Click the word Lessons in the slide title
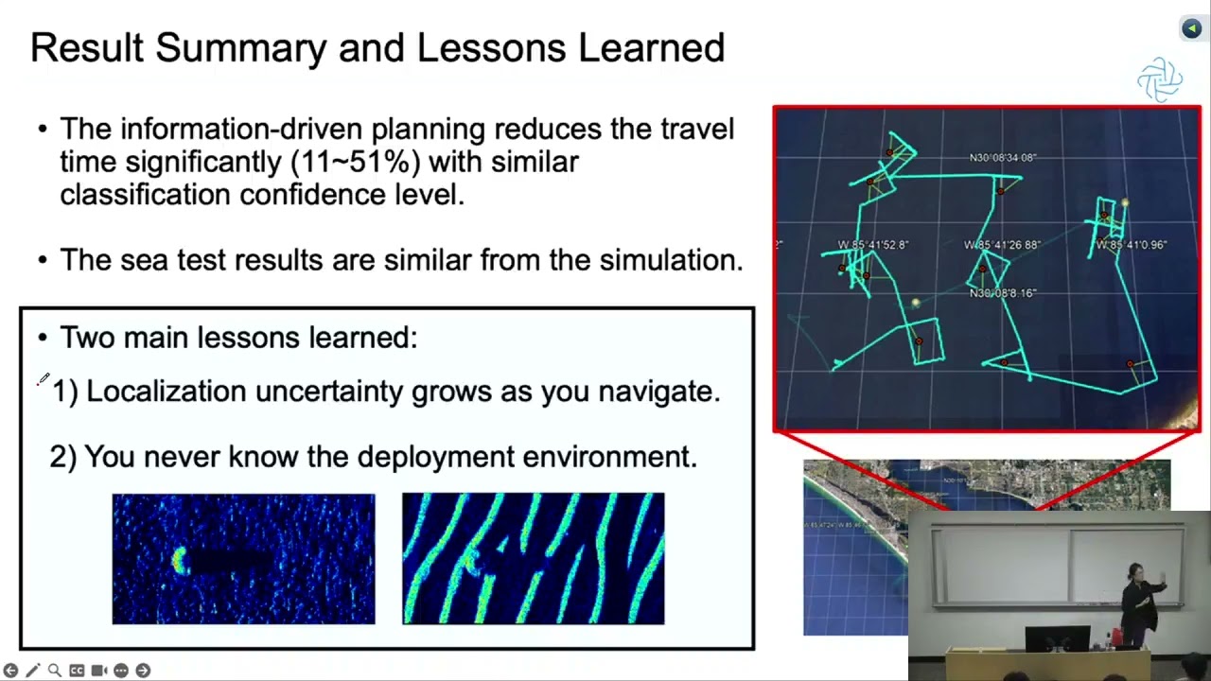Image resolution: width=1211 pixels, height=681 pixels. [x=491, y=47]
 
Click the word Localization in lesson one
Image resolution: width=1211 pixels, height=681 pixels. [x=166, y=391]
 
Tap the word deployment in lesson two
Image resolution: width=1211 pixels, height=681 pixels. [x=436, y=457]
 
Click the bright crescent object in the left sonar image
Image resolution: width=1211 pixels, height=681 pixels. [x=180, y=561]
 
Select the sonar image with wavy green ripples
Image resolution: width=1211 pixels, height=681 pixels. [x=533, y=558]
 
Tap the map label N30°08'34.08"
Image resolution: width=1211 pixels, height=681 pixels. [x=1002, y=158]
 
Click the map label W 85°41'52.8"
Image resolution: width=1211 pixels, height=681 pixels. [x=873, y=245]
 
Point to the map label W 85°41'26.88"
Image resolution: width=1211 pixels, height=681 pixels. [x=1002, y=245]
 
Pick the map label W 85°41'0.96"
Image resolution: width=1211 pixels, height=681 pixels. [x=1132, y=245]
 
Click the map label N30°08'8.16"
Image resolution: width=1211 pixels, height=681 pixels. [x=1002, y=293]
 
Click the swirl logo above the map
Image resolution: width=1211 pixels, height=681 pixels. [x=1160, y=80]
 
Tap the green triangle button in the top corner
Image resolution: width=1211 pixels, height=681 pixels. [x=1191, y=28]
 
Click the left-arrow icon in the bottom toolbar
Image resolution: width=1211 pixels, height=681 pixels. [x=10, y=671]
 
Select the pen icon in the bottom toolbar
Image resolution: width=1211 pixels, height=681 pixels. [x=33, y=671]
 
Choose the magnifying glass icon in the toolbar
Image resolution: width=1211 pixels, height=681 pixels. [x=55, y=671]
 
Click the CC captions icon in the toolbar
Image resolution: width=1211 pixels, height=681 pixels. [x=77, y=671]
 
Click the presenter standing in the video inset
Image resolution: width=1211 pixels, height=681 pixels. [x=1140, y=604]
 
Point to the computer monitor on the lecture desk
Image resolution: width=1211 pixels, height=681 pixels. [x=1058, y=638]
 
